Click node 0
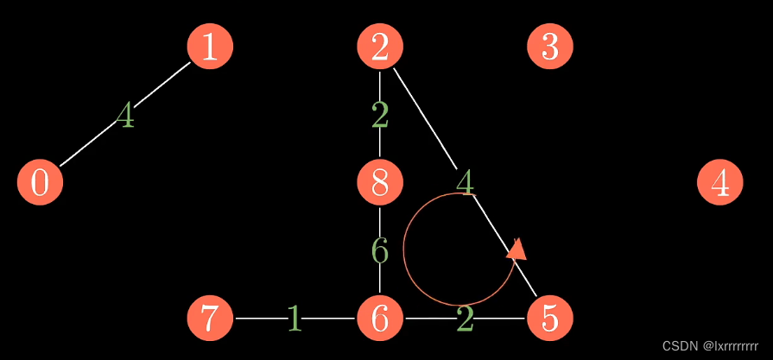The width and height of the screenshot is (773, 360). click(40, 183)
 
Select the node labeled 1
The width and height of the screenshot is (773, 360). click(210, 46)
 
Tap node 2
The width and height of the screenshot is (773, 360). click(380, 46)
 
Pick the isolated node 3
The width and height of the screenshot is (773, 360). click(550, 46)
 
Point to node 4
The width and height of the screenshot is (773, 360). click(719, 183)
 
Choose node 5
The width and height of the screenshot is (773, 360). click(550, 319)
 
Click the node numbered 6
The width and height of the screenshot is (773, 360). click(380, 319)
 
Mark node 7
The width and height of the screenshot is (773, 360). click(210, 319)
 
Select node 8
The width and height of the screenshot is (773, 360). click(380, 183)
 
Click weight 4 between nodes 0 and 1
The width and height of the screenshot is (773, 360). click(125, 115)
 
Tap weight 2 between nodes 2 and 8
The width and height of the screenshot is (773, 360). click(380, 115)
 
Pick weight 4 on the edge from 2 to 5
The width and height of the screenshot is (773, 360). click(465, 182)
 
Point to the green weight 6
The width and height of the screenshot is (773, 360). click(380, 250)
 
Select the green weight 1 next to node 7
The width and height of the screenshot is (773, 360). click(295, 319)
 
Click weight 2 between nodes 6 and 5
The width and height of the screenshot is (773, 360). click(465, 319)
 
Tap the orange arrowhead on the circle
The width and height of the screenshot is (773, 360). click(517, 249)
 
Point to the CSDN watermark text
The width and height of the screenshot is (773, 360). click(710, 345)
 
